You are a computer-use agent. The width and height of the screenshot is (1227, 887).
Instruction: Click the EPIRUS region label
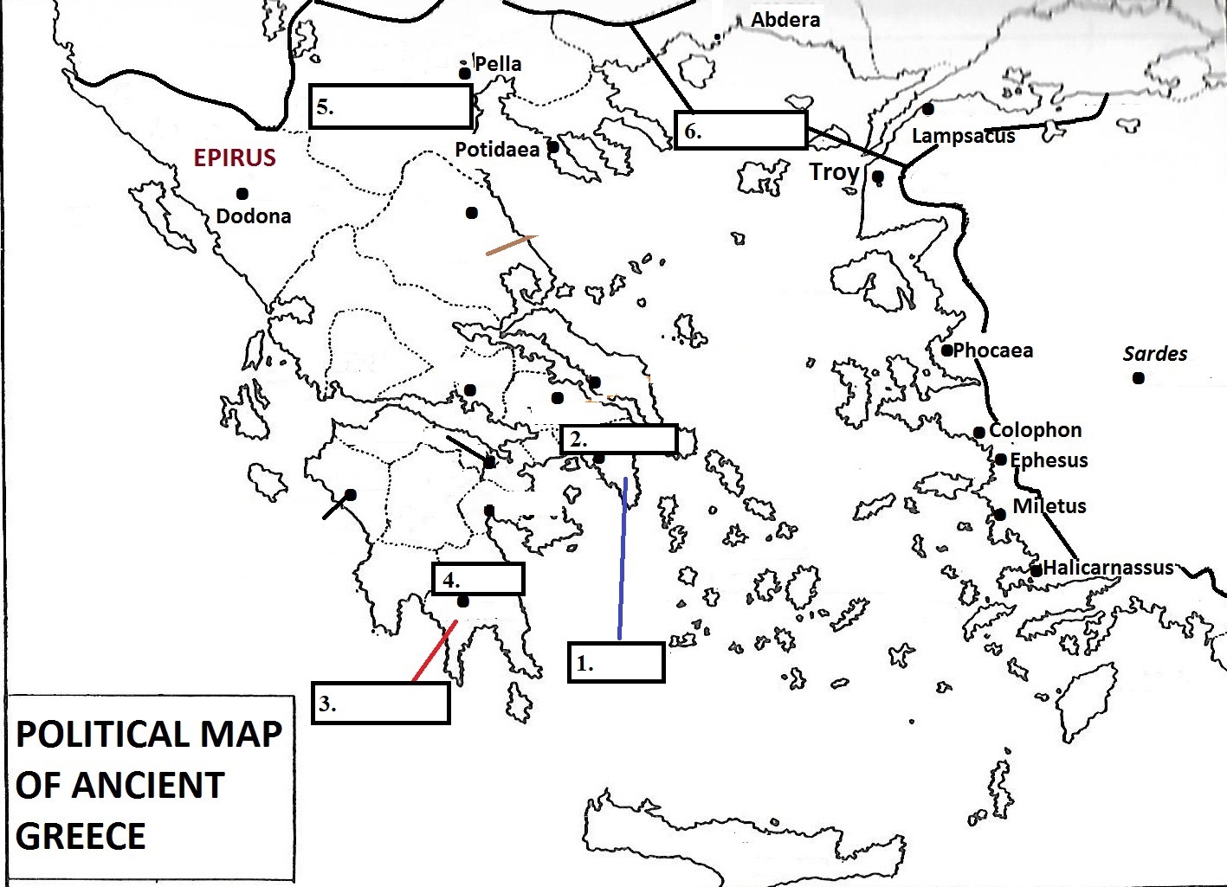(235, 157)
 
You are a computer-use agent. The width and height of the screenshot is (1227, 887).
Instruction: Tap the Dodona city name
(253, 216)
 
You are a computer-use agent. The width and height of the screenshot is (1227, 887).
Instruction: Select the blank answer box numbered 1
(616, 663)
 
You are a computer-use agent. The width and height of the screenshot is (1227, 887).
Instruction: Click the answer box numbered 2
(618, 439)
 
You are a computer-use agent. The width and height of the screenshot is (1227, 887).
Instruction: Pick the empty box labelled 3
(380, 703)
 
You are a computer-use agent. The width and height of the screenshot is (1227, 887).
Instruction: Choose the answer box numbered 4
(478, 579)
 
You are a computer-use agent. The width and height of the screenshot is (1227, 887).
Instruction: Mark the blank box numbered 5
(391, 106)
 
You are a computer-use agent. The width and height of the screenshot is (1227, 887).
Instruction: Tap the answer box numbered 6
(740, 131)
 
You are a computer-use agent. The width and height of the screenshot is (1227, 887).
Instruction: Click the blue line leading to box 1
(623, 562)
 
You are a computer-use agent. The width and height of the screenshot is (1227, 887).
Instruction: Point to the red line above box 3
(434, 651)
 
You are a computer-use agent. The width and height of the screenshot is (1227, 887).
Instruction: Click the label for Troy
(834, 172)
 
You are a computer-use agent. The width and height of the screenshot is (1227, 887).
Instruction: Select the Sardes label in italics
(1154, 354)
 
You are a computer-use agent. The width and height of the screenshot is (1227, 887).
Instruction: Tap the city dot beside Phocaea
(947, 350)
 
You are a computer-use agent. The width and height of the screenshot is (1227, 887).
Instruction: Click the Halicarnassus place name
(1108, 568)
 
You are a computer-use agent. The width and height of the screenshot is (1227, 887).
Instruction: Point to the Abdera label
(785, 20)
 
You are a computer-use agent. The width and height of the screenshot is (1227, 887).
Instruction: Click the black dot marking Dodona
(242, 194)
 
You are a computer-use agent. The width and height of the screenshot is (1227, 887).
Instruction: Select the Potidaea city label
(497, 150)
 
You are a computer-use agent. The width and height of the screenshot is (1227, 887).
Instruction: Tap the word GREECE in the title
(81, 836)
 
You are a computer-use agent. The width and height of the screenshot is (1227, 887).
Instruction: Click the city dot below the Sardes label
(1139, 378)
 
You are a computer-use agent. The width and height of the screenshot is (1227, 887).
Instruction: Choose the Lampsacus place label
(963, 136)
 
